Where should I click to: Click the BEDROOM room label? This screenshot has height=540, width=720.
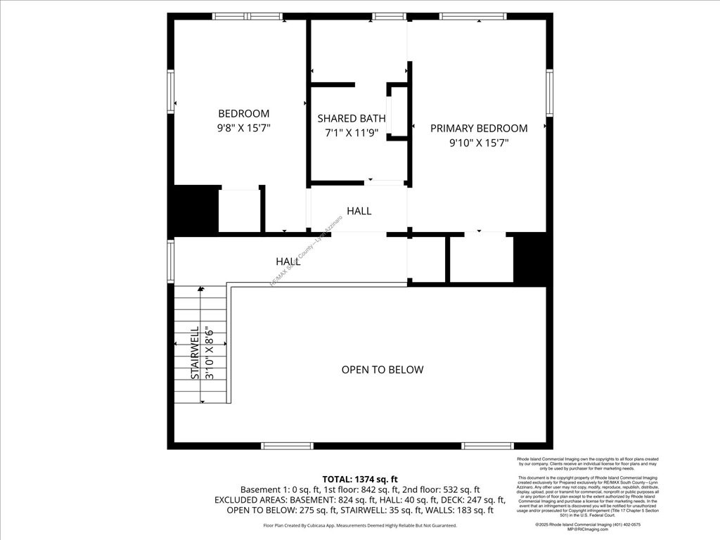click(x=243, y=113)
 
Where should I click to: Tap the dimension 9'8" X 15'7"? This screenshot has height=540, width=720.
click(x=243, y=128)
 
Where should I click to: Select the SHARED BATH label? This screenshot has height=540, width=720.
click(x=352, y=118)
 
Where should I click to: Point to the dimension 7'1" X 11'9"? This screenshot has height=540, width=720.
click(x=352, y=132)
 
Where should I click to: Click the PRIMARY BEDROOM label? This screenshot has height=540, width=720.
click(x=479, y=128)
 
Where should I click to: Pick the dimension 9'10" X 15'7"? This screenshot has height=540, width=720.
click(x=479, y=143)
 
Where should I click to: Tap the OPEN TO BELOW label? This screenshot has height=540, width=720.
click(x=382, y=370)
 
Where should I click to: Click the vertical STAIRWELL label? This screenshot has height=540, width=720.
click(x=195, y=352)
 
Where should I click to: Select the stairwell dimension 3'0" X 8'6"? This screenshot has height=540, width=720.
click(x=209, y=352)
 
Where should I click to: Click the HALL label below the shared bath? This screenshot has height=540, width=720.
click(x=359, y=211)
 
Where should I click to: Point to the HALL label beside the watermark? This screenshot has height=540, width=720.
click(x=288, y=262)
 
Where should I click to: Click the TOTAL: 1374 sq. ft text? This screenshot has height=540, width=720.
click(x=360, y=479)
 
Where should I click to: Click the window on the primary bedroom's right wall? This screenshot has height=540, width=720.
click(x=549, y=92)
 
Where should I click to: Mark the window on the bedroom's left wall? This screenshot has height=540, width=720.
click(x=171, y=91)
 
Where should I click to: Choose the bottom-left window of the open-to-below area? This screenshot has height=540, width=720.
click(x=287, y=446)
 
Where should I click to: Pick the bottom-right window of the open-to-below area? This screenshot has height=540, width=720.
click(x=487, y=446)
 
